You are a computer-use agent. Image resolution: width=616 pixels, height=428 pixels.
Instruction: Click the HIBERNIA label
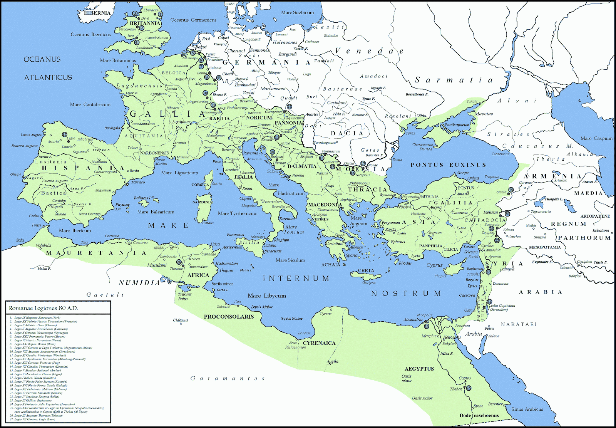pos(97,13)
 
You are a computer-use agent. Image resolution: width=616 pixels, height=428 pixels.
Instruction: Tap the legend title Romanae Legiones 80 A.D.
pos(43,308)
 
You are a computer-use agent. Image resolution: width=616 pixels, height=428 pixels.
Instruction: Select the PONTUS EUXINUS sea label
pos(448,165)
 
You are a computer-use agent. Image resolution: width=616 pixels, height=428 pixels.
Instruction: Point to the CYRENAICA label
pos(319,343)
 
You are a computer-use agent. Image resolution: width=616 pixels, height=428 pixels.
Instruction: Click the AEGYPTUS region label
pos(419,369)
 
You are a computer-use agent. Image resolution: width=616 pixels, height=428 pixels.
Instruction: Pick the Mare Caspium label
pos(596,138)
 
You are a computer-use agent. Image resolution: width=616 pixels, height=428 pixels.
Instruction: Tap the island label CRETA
pos(366,270)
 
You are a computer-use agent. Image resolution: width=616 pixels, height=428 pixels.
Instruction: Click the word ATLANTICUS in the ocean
pos(48,77)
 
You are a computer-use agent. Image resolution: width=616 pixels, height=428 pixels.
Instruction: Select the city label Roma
pos(247,188)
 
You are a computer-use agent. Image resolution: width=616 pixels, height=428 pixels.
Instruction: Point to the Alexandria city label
pos(413,319)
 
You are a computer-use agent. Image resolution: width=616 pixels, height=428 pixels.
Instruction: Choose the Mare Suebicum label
pos(297,12)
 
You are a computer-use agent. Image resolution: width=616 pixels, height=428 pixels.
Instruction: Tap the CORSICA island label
pos(200,185)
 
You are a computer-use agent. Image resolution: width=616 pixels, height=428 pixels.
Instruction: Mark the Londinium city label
pos(144,48)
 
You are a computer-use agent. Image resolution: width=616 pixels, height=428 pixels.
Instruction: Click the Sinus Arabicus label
pos(527,409)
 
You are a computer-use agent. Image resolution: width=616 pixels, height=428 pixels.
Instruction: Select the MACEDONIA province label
pos(322,205)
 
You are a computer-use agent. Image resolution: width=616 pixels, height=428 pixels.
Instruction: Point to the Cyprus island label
pos(434,265)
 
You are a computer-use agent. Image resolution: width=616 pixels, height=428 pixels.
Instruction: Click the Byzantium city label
pos(388,195)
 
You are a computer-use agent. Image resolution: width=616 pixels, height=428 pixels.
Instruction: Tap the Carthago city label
pos(209,254)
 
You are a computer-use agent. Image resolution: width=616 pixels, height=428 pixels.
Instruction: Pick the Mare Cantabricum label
pos(90,104)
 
